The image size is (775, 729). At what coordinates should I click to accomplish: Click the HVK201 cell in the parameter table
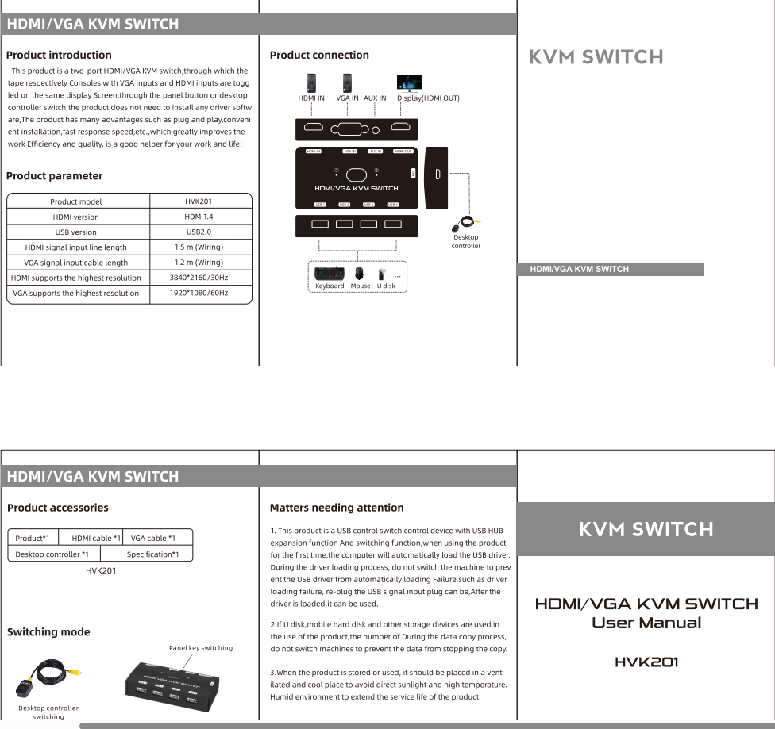pyautogui.click(x=199, y=201)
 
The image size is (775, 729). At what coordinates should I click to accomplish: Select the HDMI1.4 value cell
pyautogui.click(x=199, y=217)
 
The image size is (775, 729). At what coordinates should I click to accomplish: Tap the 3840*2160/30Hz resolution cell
pyautogui.click(x=199, y=278)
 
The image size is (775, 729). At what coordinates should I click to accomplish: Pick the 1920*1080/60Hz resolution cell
pyautogui.click(x=199, y=293)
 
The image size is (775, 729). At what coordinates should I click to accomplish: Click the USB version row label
pyautogui.click(x=75, y=232)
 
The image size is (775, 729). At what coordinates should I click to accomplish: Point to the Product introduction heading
pyautogui.click(x=59, y=55)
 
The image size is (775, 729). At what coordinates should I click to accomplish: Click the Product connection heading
pyautogui.click(x=319, y=55)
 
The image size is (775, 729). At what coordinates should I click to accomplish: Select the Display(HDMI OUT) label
pyautogui.click(x=428, y=98)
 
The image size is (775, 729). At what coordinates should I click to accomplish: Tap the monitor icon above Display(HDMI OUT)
pyautogui.click(x=410, y=82)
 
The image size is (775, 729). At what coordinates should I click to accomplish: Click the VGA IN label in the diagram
pyautogui.click(x=347, y=98)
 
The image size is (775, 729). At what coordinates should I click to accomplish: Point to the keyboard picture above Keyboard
pyautogui.click(x=329, y=271)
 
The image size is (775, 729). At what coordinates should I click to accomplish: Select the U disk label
pyautogui.click(x=386, y=286)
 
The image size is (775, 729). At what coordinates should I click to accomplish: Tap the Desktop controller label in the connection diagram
pyautogui.click(x=466, y=241)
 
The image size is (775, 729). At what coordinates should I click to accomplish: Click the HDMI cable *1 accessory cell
pyautogui.click(x=96, y=539)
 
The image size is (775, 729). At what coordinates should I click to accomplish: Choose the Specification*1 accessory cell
pyautogui.click(x=152, y=554)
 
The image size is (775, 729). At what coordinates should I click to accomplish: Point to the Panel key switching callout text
pyautogui.click(x=201, y=648)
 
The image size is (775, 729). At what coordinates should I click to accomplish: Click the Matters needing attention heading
pyautogui.click(x=337, y=508)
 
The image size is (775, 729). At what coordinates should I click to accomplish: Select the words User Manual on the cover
pyautogui.click(x=646, y=623)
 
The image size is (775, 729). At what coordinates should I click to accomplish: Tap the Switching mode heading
pyautogui.click(x=48, y=632)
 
